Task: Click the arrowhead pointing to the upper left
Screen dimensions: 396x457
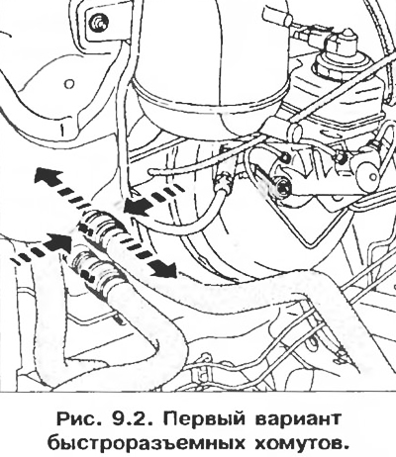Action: click(48, 177)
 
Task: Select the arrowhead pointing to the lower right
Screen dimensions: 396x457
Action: click(163, 269)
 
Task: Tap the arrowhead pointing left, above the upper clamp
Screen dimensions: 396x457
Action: click(136, 209)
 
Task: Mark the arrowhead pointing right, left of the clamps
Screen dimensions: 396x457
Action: click(58, 242)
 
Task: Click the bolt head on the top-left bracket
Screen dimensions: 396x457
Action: click(98, 23)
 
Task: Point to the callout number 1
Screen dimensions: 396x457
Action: click(61, 130)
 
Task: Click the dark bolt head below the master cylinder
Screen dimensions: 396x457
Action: click(283, 188)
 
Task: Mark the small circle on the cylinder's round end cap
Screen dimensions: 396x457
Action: click(373, 176)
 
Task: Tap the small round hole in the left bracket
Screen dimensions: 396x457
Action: click(68, 84)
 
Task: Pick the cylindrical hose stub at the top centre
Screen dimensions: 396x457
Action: click(275, 17)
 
